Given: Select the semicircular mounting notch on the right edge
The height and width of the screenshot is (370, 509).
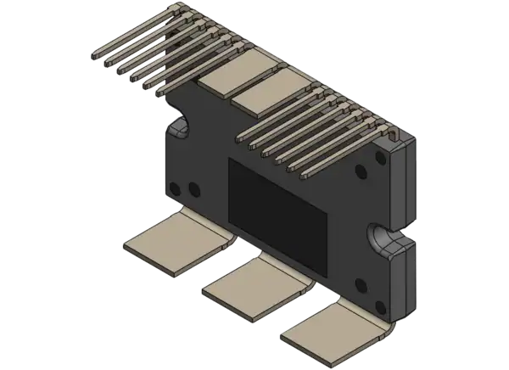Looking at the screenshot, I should (378, 237).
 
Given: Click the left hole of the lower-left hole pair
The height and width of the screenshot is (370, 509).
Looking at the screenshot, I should (176, 188).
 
